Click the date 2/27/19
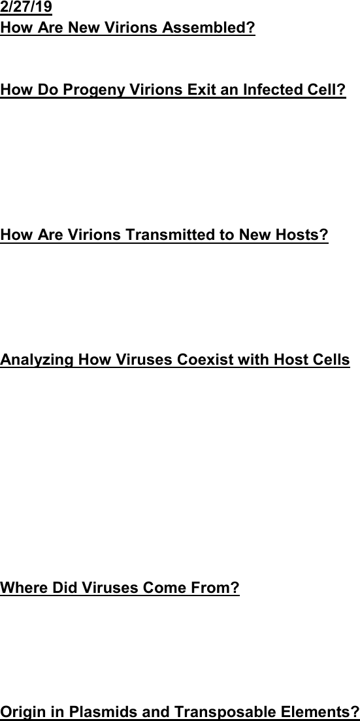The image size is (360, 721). click(26, 7)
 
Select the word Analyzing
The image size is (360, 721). click(37, 360)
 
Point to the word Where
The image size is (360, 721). click(24, 587)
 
